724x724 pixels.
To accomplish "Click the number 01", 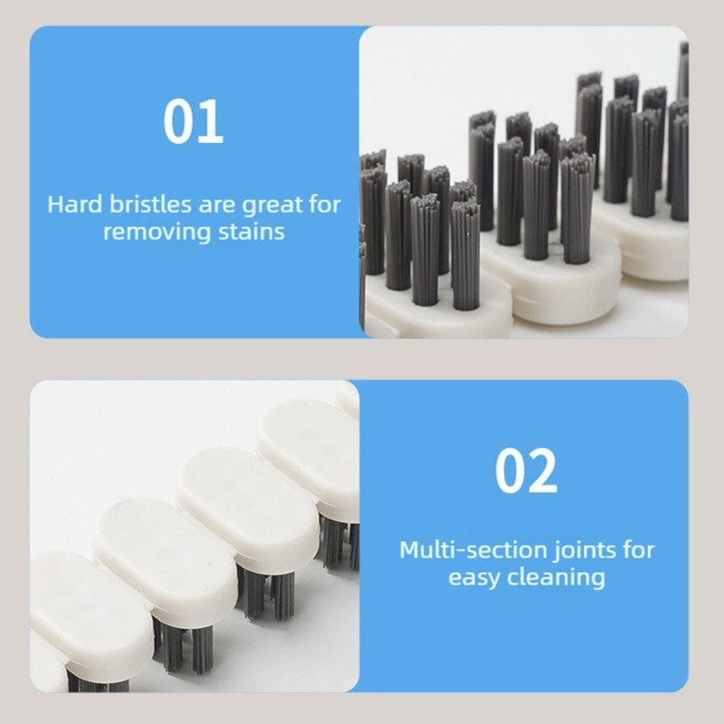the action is pos(194,121).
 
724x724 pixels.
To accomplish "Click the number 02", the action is pos(526,471).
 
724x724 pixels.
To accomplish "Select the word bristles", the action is pos(149,205).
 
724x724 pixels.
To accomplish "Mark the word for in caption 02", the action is pos(639,550).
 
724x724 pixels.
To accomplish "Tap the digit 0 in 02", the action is pos(510,471).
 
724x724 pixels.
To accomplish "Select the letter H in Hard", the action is pos(55,205).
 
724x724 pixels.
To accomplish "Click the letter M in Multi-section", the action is pos(410,550).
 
